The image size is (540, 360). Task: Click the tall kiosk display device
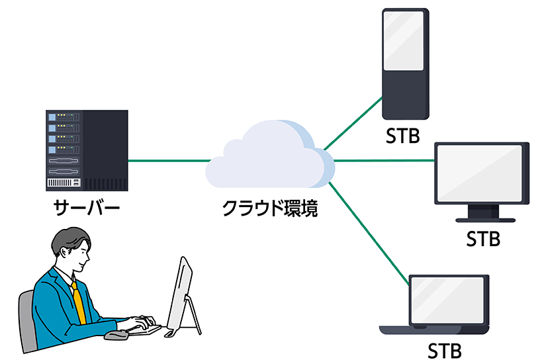click(x=406, y=63)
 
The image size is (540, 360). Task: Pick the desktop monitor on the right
click(x=481, y=173)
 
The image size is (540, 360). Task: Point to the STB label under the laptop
click(x=444, y=349)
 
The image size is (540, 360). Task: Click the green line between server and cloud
click(x=169, y=160)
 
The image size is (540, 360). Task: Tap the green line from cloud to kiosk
click(x=354, y=122)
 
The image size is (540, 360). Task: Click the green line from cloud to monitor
click(x=384, y=160)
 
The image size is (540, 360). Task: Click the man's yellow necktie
click(x=78, y=301)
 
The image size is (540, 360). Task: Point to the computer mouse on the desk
click(x=117, y=335)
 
